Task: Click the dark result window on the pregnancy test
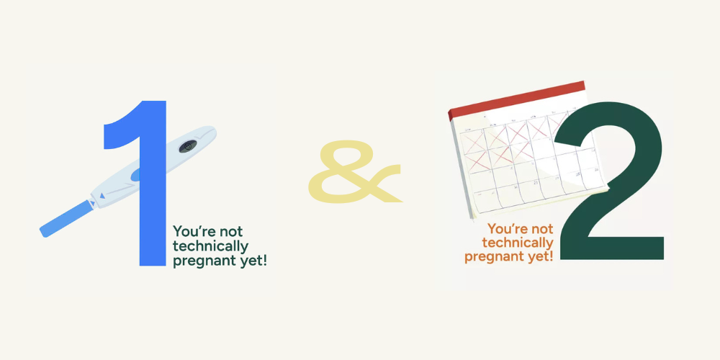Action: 188,145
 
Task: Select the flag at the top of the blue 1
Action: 119,133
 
